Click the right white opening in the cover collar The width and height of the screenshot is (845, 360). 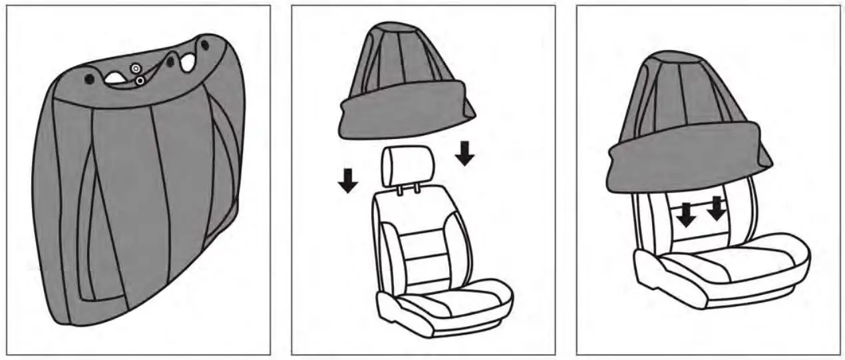coord(188,63)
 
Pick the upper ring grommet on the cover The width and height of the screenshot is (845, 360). coord(136,68)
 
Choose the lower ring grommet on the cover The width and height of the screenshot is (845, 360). coord(140,81)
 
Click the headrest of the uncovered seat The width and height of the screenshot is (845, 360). coord(407,166)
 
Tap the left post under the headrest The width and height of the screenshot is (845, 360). coord(398,190)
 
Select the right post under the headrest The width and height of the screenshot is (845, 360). coord(417,190)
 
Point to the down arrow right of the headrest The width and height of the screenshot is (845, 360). coord(465,153)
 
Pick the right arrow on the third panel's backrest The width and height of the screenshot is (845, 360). coord(716,209)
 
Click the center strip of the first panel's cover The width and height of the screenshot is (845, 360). coord(126,200)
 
